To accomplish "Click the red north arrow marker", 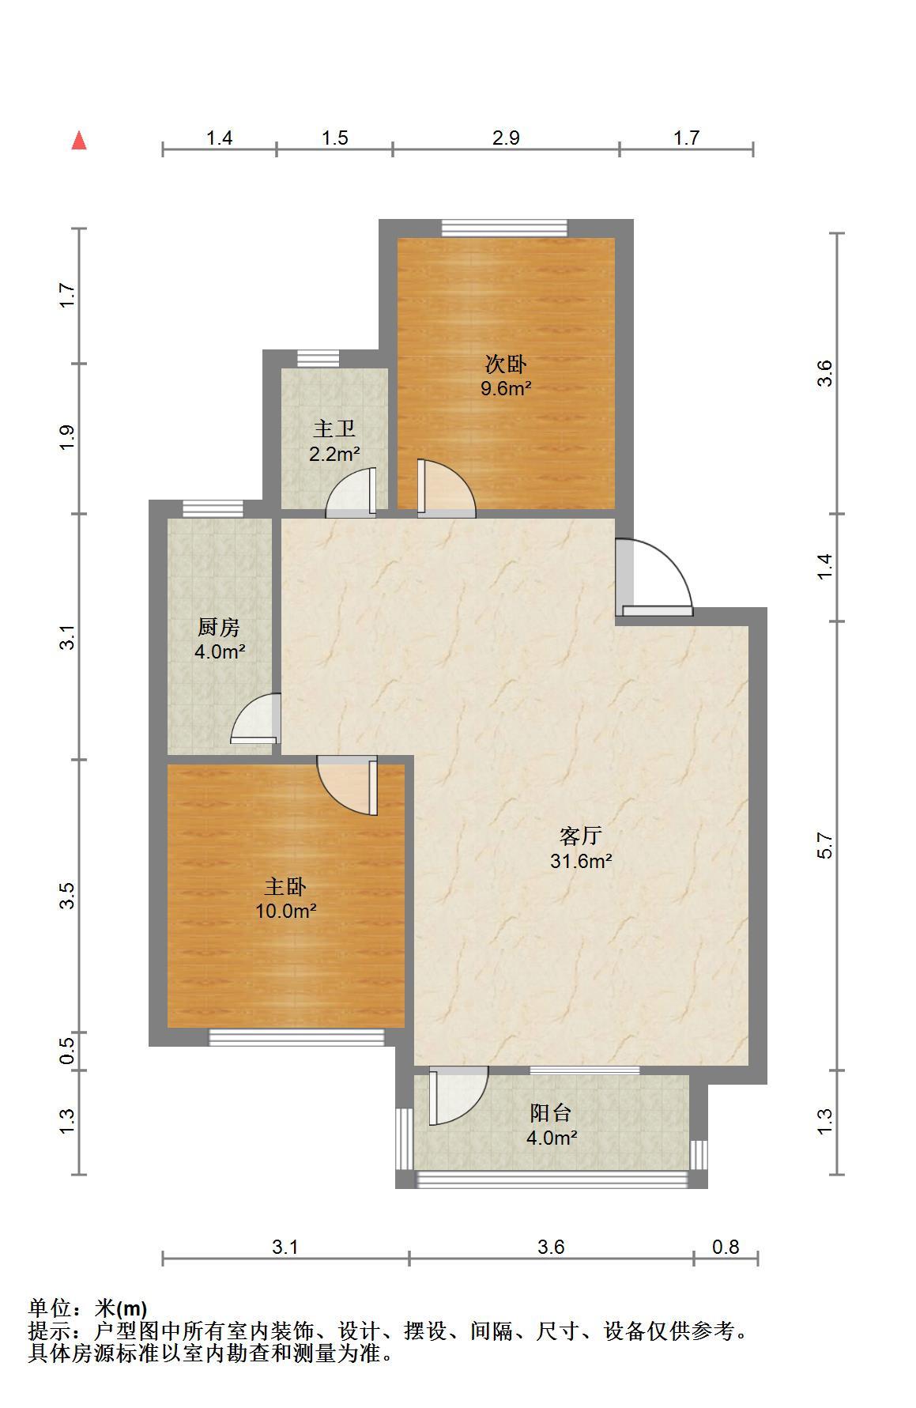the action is [79, 141].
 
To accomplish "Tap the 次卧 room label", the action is [505, 364].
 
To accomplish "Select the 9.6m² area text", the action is [506, 388].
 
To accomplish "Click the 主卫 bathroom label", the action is [334, 429].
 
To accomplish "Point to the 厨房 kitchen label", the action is [218, 628].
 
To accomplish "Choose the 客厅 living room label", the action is [581, 836].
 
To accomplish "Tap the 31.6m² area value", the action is [582, 861].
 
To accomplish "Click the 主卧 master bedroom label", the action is [285, 886].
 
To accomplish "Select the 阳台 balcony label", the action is [551, 1113].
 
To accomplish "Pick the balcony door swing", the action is [458, 1096].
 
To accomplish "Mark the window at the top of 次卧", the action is [504, 228].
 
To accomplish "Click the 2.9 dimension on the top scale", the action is [506, 138].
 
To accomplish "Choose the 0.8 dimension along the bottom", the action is [726, 1247].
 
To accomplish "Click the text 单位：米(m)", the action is [88, 1308].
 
